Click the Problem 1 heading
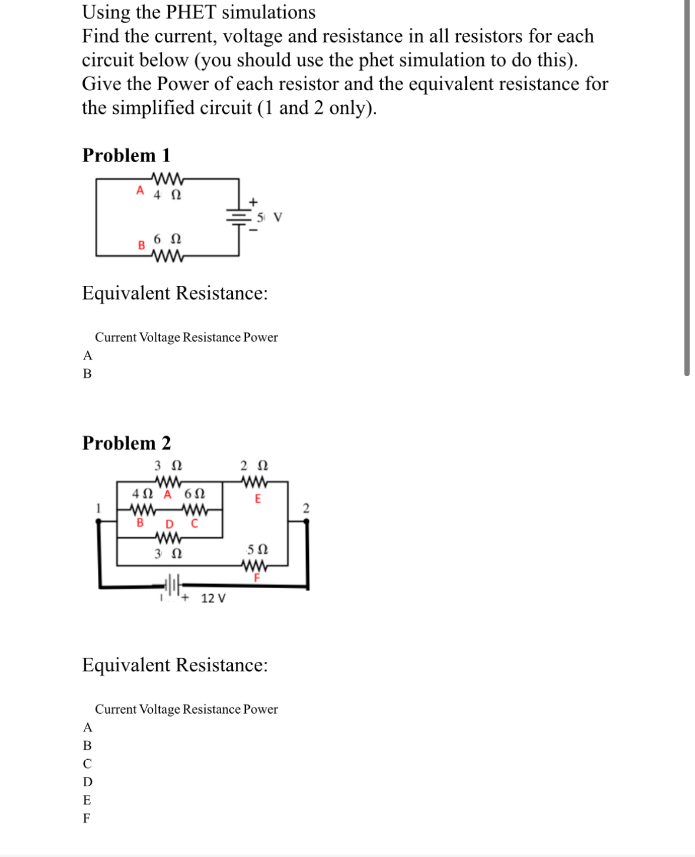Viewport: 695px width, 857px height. click(126, 155)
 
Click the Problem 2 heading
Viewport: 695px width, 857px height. click(126, 443)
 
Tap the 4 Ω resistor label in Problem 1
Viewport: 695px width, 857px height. click(167, 195)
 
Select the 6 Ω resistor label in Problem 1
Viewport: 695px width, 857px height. click(167, 239)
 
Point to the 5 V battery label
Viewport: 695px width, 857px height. click(269, 217)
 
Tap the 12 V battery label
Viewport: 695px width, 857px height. click(213, 598)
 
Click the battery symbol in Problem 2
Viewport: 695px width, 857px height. click(172, 586)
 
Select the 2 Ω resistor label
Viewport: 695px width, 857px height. click(254, 466)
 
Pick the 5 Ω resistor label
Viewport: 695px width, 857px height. click(258, 549)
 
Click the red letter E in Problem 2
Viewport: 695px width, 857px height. click(258, 499)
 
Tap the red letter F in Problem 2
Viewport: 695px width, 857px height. click(257, 578)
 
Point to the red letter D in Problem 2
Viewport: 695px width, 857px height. click(169, 524)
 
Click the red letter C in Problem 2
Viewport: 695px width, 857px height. click(195, 523)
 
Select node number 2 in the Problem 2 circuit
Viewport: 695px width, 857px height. click(305, 508)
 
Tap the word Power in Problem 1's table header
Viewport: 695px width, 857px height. click(261, 337)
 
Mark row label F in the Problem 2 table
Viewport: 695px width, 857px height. click(87, 818)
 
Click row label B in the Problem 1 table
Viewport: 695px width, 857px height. click(87, 374)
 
